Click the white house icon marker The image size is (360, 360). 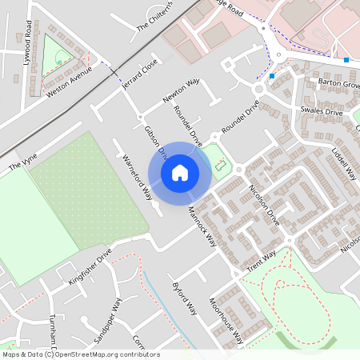180,172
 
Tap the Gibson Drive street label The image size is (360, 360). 154,138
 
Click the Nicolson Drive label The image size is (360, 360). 263,204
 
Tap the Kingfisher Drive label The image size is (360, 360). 90,267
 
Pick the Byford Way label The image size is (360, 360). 185,297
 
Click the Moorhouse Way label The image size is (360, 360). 226,320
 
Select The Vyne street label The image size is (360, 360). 23,166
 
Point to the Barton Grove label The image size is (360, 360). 339,82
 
